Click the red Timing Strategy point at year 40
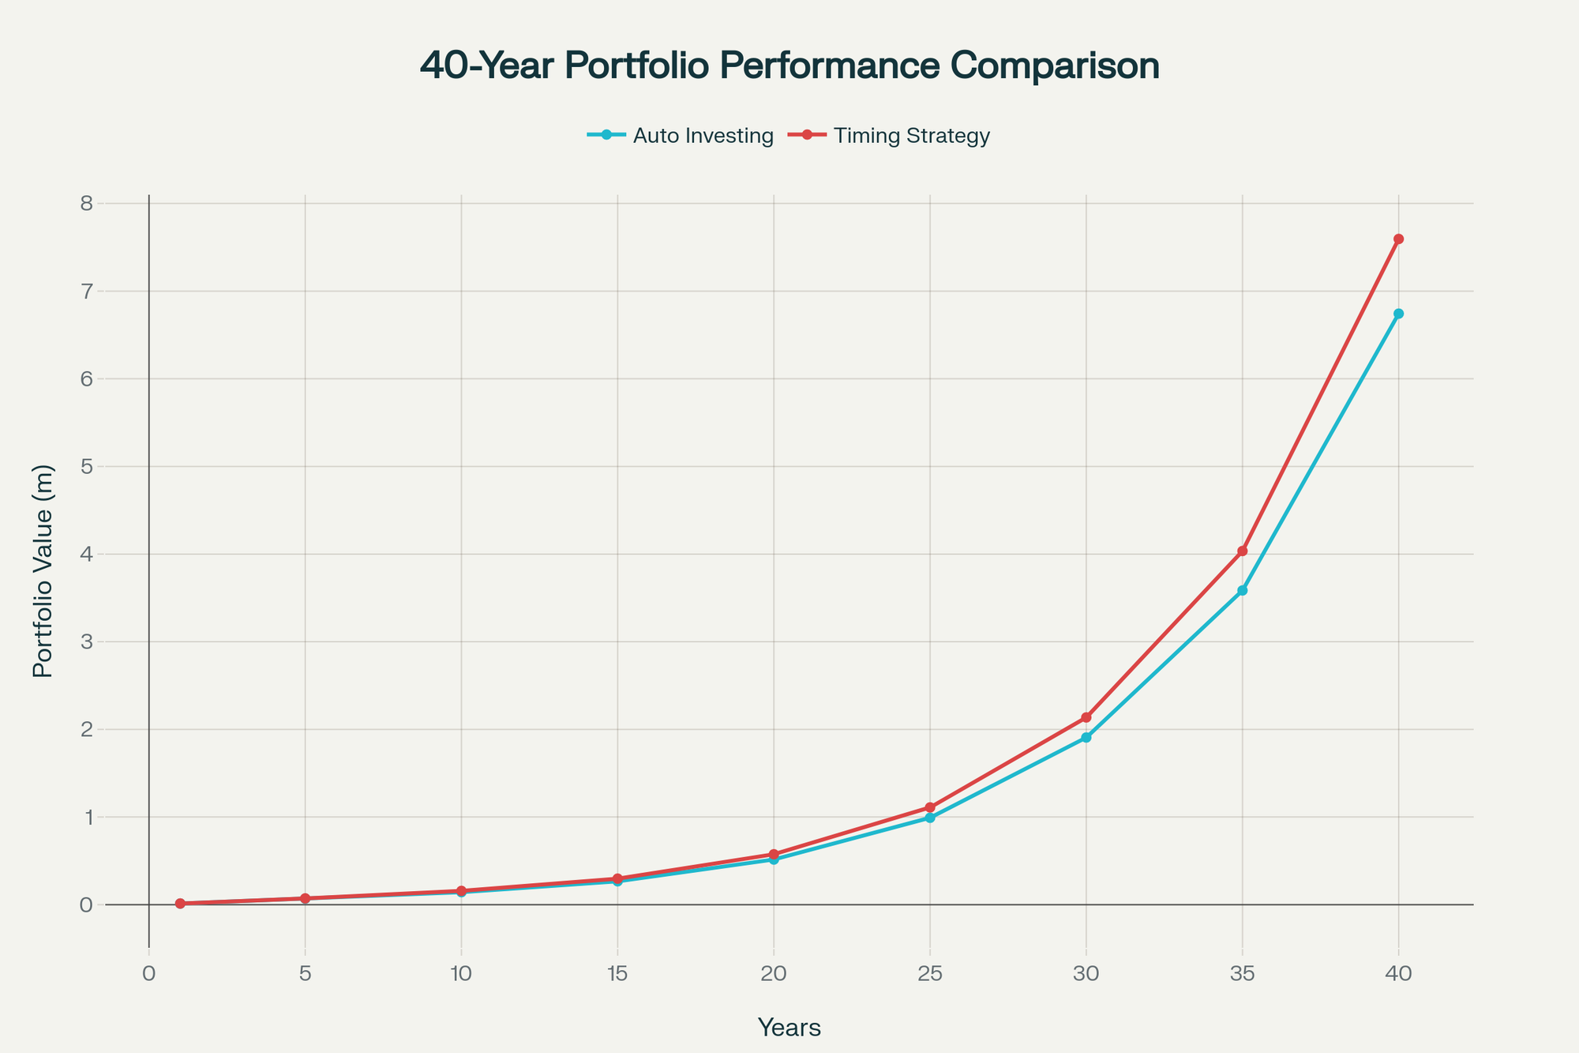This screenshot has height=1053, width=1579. point(1398,239)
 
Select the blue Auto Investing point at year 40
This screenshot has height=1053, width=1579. point(1398,314)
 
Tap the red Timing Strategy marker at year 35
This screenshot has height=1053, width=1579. point(1243,551)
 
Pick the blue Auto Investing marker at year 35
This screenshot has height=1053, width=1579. point(1243,590)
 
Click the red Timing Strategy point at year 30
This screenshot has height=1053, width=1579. point(1086,717)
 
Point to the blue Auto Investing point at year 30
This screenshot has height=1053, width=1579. point(1086,738)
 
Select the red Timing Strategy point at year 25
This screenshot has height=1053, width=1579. point(930,807)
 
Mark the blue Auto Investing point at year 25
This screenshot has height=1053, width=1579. point(930,818)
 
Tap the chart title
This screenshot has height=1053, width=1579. point(789,66)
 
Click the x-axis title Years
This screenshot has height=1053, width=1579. point(789,1028)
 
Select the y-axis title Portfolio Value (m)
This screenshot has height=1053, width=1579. point(43,570)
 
